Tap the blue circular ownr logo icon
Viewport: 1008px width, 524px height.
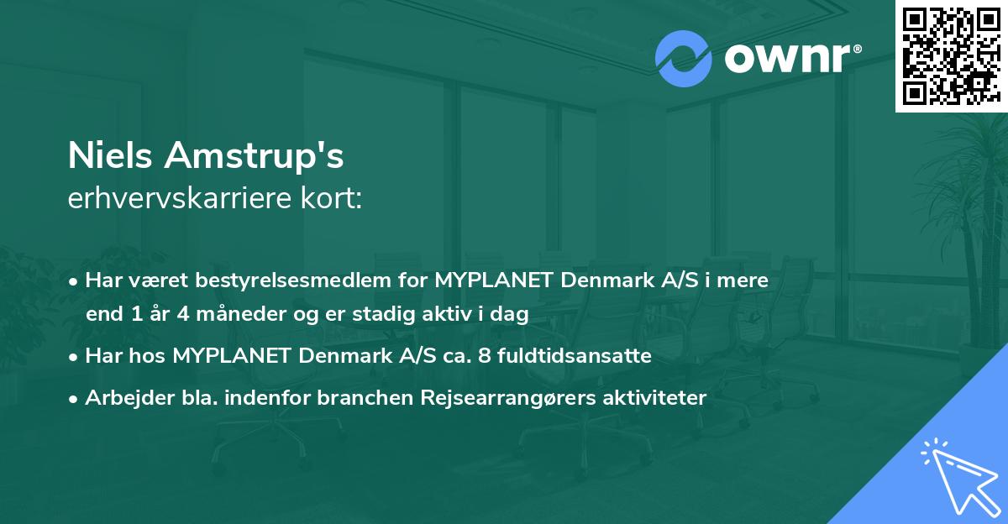(684, 59)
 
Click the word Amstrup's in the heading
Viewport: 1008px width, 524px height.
(255, 157)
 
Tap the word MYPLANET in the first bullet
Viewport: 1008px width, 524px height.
(491, 280)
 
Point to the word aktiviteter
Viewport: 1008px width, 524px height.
(656, 398)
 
